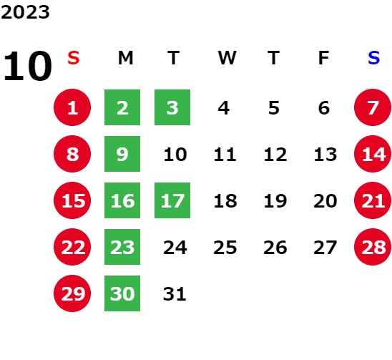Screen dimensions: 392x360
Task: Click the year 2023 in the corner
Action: (25, 12)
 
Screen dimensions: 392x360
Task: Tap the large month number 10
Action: (28, 66)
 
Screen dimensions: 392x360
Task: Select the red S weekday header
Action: (74, 58)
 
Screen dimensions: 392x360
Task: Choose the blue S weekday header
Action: (374, 58)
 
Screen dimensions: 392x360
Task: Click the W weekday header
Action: (227, 58)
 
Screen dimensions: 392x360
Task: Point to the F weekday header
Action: (324, 58)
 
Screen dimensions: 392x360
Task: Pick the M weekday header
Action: (125, 58)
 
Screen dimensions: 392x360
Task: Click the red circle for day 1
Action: (72, 107)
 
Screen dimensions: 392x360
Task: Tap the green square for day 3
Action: (172, 107)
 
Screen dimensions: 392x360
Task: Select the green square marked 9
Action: (122, 154)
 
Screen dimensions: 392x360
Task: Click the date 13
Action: (325, 155)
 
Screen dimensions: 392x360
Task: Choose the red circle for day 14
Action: (373, 154)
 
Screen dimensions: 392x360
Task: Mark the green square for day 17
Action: (172, 200)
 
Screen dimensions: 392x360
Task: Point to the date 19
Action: (275, 201)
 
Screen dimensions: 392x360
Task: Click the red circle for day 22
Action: (72, 247)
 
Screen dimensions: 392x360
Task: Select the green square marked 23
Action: (122, 247)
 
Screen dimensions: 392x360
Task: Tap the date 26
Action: (275, 248)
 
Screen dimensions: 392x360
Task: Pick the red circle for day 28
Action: (373, 247)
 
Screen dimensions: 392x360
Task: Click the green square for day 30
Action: (122, 293)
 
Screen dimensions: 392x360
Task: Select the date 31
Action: (175, 294)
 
